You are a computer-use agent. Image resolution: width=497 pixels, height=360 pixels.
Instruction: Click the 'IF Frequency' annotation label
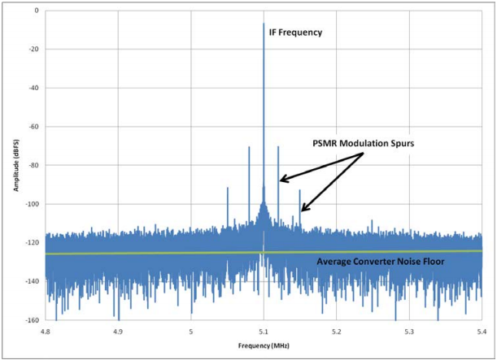pyautogui.click(x=295, y=33)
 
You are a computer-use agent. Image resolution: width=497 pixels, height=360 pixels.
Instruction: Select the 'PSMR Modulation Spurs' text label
pyautogui.click(x=364, y=143)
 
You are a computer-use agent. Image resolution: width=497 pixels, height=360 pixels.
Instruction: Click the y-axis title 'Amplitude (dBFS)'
pyautogui.click(x=16, y=166)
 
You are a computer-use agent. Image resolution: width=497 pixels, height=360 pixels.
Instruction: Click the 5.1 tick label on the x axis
pyautogui.click(x=264, y=331)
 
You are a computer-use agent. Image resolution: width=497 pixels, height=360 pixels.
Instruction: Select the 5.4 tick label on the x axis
pyautogui.click(x=482, y=331)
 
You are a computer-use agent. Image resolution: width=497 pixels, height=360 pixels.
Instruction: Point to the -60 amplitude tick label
pyautogui.click(x=33, y=127)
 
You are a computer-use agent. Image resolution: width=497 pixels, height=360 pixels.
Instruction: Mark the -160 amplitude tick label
pyautogui.click(x=31, y=320)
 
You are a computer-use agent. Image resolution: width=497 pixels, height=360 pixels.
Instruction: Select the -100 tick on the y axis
pyautogui.click(x=31, y=204)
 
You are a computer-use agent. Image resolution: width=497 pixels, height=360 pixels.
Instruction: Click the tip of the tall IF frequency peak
pyautogui.click(x=264, y=24)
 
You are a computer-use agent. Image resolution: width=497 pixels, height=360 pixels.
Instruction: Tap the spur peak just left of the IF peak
pyautogui.click(x=249, y=147)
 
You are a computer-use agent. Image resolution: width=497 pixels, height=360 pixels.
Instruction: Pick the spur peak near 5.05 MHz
pyautogui.click(x=227, y=188)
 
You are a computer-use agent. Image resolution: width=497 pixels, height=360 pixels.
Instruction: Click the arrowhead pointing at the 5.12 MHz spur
pyautogui.click(x=281, y=180)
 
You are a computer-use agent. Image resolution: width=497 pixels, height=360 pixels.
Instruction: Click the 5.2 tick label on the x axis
pyautogui.click(x=337, y=331)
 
